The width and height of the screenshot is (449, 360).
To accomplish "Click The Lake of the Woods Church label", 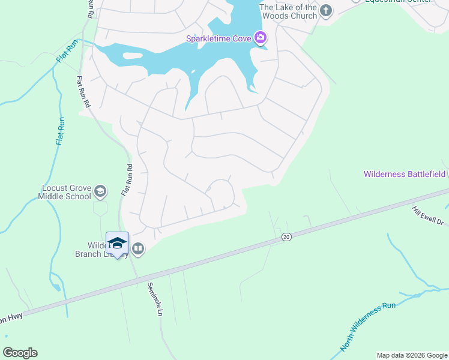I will [x=288, y=11].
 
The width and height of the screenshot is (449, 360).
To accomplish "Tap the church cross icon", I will [x=326, y=10].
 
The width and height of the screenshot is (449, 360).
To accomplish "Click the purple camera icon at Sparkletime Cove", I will [x=261, y=38].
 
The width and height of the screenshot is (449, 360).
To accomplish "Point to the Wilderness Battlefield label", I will [x=405, y=174].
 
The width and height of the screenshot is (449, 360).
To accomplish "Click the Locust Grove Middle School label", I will [x=65, y=192].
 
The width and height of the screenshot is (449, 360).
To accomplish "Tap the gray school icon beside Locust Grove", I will [x=100, y=192].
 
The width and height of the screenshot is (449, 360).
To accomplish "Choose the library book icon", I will [x=138, y=248].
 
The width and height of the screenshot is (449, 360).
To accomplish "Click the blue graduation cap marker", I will [x=117, y=244].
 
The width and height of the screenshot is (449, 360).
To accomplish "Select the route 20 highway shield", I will [x=286, y=238].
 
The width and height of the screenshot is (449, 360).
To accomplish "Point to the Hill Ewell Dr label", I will [x=427, y=215].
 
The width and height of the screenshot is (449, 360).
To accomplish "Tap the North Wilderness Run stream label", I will [x=369, y=327].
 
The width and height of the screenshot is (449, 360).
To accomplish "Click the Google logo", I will [x=20, y=353].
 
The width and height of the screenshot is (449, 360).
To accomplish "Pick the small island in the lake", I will [x=133, y=56].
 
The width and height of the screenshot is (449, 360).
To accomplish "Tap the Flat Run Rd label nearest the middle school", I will [x=126, y=180].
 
